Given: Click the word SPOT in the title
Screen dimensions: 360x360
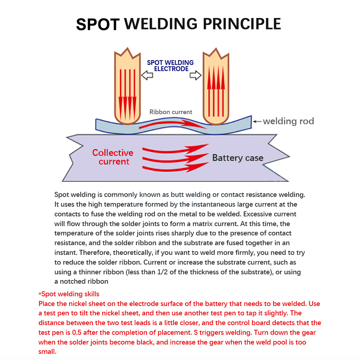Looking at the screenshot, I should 98,24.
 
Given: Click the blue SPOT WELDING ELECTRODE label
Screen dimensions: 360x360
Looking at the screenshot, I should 170,66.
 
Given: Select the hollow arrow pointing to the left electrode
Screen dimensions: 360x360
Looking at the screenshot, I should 147,75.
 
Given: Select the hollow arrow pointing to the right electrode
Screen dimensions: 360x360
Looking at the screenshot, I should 195,75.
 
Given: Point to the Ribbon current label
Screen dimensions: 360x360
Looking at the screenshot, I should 171,112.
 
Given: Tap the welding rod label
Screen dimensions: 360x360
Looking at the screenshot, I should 288,121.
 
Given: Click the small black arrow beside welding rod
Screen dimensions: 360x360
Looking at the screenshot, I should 257,121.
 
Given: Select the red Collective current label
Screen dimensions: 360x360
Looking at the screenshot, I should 113,157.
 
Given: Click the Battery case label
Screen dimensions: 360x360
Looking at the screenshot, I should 238,158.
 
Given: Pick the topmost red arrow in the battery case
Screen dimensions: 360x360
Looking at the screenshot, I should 176,149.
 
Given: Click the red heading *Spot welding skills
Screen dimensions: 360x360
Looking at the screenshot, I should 69,294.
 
